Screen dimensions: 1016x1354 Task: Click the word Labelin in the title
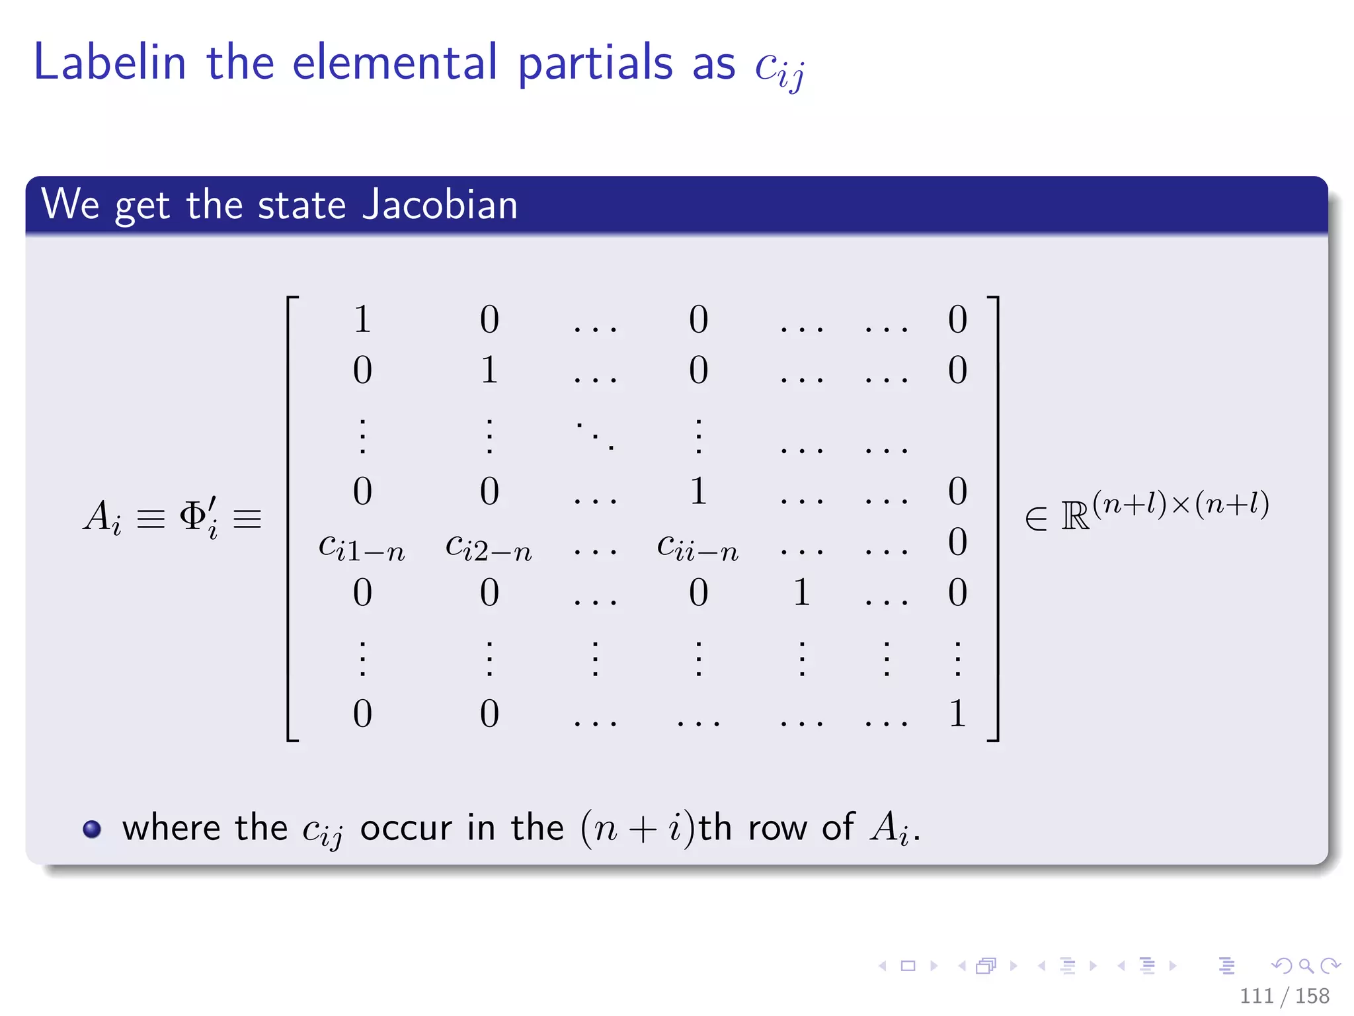(x=110, y=63)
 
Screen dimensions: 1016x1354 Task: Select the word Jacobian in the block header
(x=440, y=204)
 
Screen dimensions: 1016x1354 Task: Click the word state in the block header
(x=301, y=204)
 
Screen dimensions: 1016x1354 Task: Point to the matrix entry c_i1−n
(x=362, y=548)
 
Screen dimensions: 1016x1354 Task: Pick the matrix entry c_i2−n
(x=489, y=548)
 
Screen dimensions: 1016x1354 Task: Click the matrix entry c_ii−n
(x=697, y=548)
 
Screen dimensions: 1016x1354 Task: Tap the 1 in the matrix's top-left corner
(x=362, y=319)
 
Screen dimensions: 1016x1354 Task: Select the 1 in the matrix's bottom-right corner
(x=957, y=714)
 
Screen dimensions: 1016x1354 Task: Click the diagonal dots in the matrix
(x=595, y=435)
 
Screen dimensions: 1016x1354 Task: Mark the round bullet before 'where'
(x=92, y=829)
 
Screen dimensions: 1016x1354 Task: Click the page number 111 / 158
(x=1284, y=995)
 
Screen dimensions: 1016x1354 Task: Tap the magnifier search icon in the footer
(x=1306, y=966)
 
